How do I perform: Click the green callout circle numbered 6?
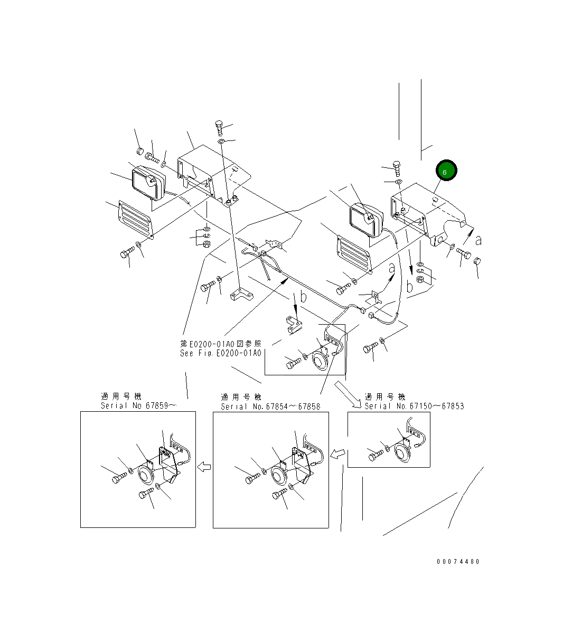point(445,172)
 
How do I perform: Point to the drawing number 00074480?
point(458,562)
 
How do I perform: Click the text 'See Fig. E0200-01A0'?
point(220,353)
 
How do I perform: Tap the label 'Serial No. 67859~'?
point(138,406)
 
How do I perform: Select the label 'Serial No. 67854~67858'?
point(270,406)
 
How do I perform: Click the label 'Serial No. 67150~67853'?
point(414,406)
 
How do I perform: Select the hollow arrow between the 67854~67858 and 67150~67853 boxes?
point(337,453)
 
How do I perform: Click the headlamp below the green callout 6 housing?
point(364,220)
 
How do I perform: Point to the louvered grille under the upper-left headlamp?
point(135,219)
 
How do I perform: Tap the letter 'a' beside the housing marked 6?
point(478,240)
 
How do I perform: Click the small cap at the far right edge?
point(476,261)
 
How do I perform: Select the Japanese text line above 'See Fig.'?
point(220,343)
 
